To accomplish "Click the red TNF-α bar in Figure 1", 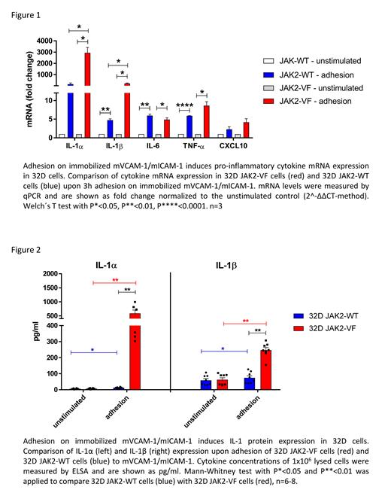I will click(202, 120).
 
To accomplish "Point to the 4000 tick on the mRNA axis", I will click(44, 41).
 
